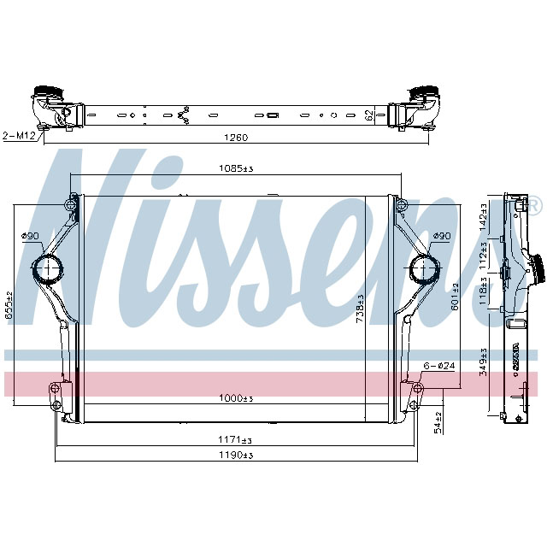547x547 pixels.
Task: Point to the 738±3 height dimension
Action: point(360,309)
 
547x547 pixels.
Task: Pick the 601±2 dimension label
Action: point(455,298)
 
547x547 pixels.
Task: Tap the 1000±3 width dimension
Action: point(237,399)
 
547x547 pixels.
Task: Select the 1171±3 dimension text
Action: point(237,439)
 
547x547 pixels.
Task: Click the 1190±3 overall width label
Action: point(237,456)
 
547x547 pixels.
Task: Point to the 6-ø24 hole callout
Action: point(438,366)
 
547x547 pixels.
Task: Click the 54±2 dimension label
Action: point(438,421)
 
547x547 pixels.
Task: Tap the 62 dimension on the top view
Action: point(368,114)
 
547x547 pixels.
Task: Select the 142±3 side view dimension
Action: point(484,218)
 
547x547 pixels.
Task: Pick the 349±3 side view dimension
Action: point(484,363)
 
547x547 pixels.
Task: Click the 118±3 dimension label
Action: point(484,296)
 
